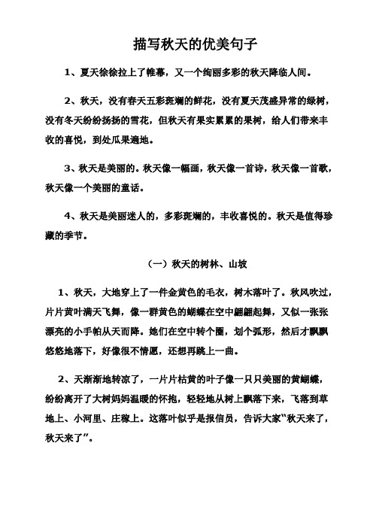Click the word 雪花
143,120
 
